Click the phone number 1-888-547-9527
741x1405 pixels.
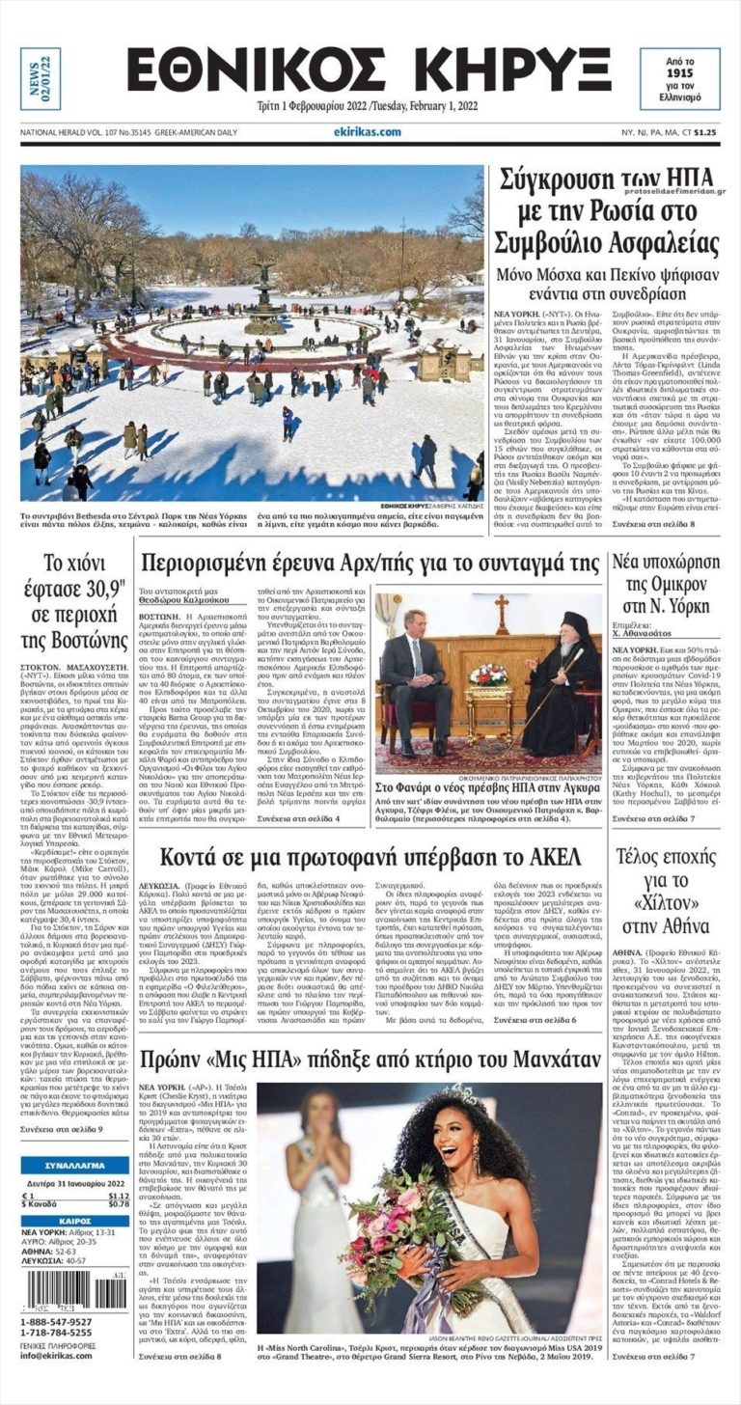[x=56, y=1321]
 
